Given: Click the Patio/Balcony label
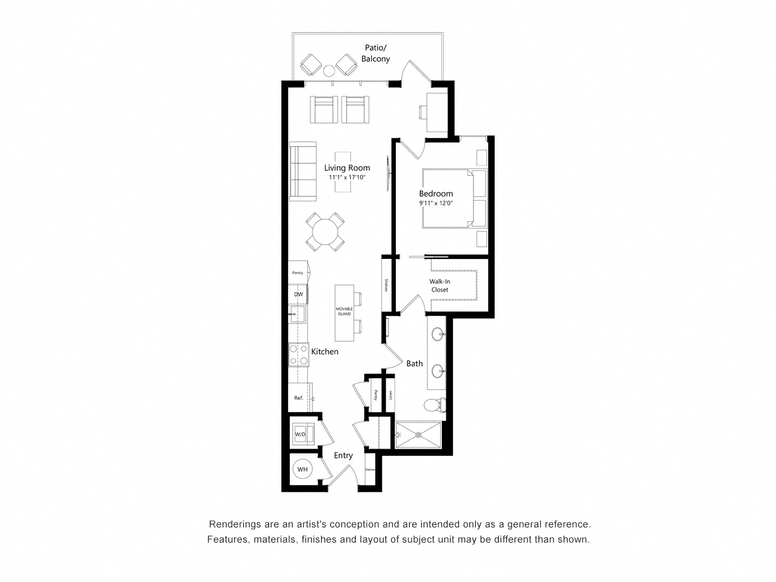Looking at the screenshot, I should point(375,53).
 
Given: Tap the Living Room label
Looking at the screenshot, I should point(347,168).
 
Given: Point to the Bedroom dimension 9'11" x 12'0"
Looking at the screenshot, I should point(436,203).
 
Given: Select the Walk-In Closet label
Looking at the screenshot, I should point(440,286).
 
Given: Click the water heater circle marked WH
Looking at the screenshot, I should point(303,469).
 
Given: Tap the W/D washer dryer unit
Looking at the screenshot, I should point(301,434).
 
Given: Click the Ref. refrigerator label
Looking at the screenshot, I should point(298,398).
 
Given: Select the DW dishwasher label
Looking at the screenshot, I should point(298,295).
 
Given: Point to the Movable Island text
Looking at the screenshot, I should point(344,312).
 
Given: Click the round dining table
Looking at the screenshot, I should point(325,232).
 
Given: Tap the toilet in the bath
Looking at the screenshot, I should point(434,404).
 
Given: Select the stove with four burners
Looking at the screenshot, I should point(299,355).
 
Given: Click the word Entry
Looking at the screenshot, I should point(343,456).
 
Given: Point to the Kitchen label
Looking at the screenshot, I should point(324,352).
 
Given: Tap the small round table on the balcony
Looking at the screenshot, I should point(329,71).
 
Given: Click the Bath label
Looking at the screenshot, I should point(415,364).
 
